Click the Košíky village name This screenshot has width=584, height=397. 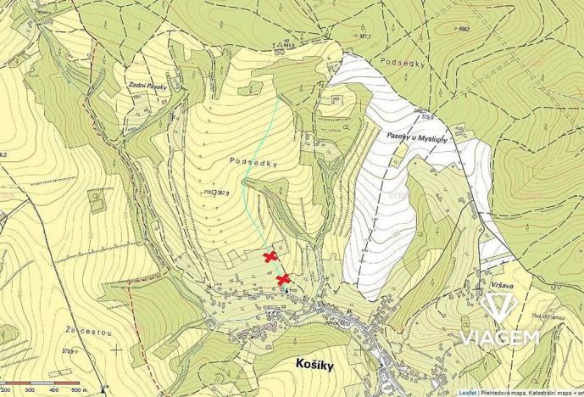coord(319,362)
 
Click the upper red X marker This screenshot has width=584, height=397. coord(270,256)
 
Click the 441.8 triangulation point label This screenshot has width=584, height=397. coord(294,45)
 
